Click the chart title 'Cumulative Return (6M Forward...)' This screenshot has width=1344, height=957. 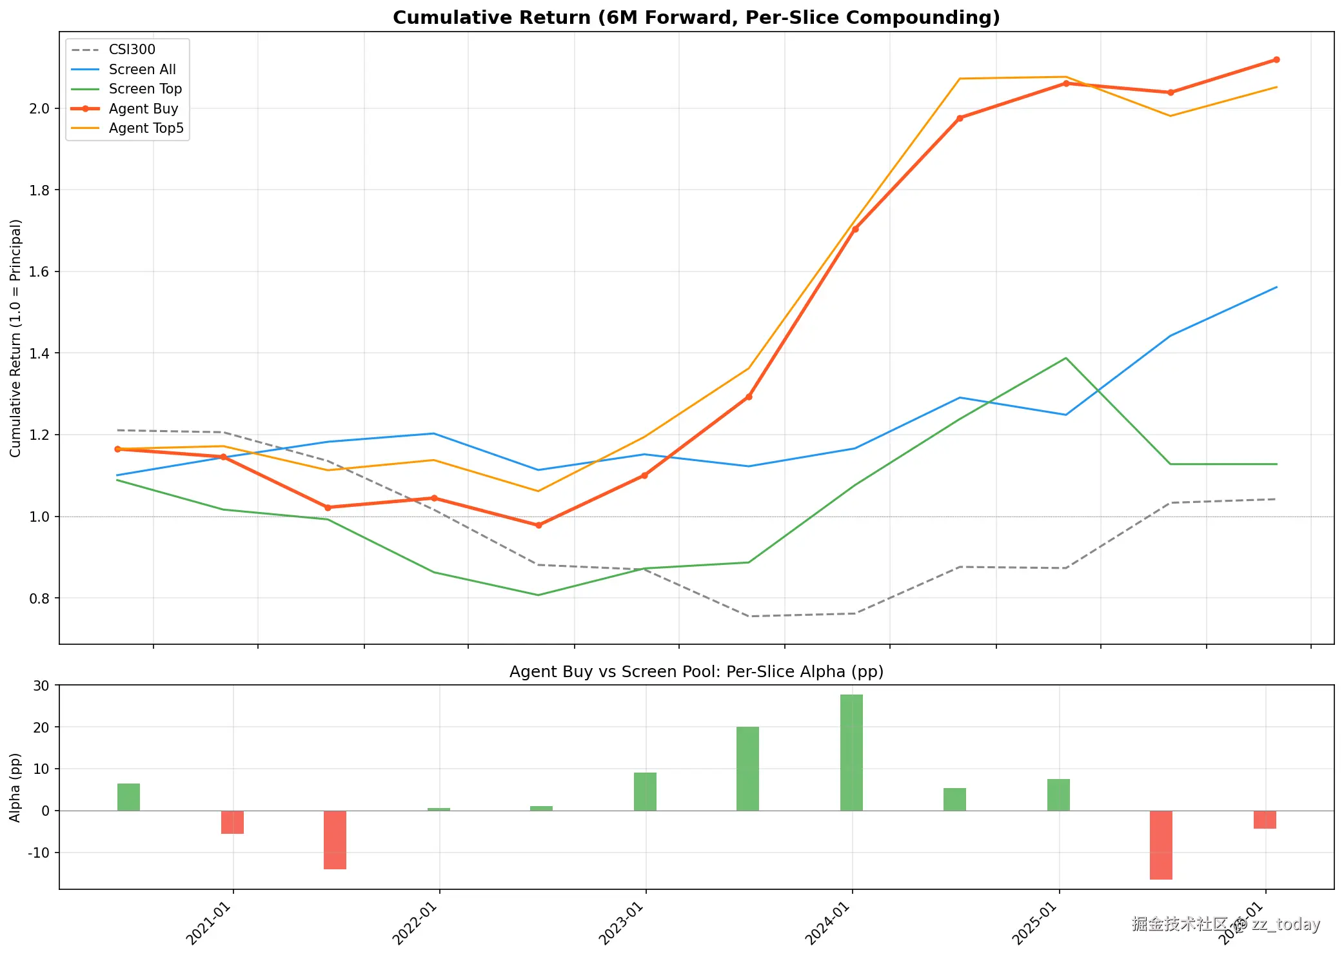coord(696,17)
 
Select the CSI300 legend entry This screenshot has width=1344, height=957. coord(132,50)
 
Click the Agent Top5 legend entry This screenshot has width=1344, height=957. coord(146,128)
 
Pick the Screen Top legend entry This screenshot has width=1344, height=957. coord(145,89)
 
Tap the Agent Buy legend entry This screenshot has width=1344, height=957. coord(143,108)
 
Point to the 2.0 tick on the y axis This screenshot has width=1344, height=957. coord(39,108)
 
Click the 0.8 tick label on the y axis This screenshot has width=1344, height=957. coord(39,598)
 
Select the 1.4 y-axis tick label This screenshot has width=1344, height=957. coord(39,353)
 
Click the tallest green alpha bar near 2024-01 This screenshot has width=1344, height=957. coord(851,752)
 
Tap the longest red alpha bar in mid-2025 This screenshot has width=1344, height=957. coord(1161,845)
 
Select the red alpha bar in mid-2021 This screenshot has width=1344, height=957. coord(335,840)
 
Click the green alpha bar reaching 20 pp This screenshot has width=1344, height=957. coord(747,769)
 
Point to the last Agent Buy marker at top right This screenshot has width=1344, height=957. coord(1276,60)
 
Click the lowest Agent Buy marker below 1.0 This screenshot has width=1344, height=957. coord(539,525)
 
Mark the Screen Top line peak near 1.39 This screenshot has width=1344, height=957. coord(1066,358)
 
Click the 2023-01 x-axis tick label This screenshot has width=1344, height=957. coord(623,924)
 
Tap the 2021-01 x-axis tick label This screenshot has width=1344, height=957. coord(210,924)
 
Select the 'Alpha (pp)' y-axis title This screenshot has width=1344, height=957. coord(15,787)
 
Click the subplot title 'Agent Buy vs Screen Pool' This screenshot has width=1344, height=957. coord(696,671)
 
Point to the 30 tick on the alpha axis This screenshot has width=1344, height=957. coord(41,686)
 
